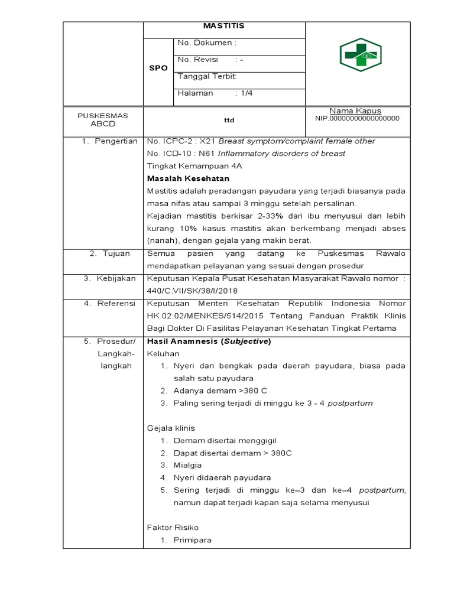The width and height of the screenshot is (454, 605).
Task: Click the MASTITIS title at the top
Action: click(x=223, y=26)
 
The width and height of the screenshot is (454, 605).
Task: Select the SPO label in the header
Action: click(x=158, y=68)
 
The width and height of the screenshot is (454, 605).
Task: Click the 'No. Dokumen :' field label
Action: click(x=207, y=43)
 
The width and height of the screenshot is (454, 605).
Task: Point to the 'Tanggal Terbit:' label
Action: click(x=207, y=76)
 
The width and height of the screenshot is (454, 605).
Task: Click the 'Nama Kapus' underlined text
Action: click(x=355, y=111)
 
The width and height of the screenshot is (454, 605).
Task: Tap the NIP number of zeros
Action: click(x=358, y=118)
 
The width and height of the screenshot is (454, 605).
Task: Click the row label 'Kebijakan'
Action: click(x=116, y=278)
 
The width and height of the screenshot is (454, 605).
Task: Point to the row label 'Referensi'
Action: click(x=116, y=303)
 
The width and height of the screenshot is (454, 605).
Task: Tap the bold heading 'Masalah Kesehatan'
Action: click(x=187, y=178)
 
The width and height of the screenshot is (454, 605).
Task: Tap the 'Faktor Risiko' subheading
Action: click(x=173, y=527)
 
